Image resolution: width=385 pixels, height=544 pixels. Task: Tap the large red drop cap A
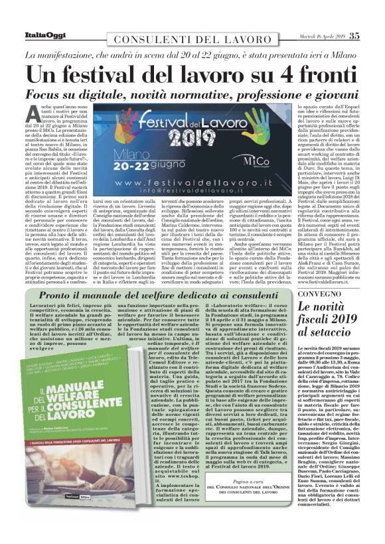46,113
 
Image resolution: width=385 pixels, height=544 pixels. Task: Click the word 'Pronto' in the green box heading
57,295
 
